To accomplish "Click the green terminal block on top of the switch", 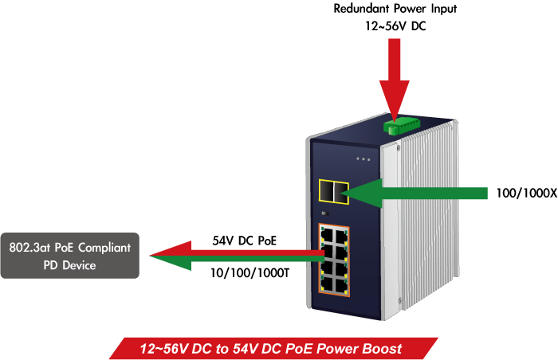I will point(400,124).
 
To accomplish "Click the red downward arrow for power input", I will point(393,80).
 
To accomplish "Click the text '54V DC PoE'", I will point(244,240).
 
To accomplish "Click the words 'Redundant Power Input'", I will point(394,10).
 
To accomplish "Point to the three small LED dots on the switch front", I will point(363,158).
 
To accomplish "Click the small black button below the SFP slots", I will point(324,213).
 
